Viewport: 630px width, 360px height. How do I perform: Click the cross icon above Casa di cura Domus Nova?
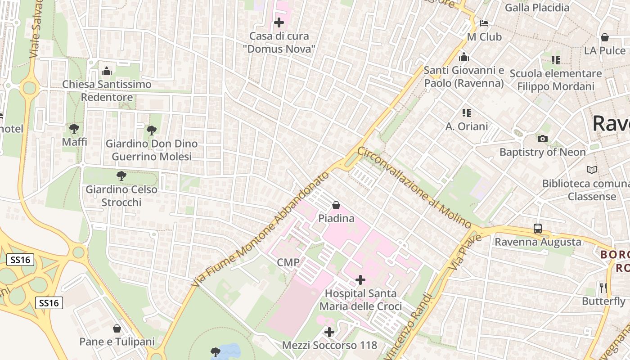[x=279, y=22]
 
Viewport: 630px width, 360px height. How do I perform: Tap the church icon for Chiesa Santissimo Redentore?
[x=107, y=71]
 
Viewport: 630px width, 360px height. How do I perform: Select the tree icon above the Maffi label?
[x=74, y=129]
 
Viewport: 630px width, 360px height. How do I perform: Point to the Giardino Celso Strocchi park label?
[x=121, y=196]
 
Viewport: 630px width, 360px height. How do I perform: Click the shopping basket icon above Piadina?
[x=336, y=206]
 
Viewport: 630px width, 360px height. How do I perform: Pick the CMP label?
[x=288, y=262]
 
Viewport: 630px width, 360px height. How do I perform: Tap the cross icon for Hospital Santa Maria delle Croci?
[x=360, y=280]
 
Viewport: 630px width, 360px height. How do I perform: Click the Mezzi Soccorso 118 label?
[x=329, y=346]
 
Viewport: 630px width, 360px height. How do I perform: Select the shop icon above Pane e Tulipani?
[x=117, y=329]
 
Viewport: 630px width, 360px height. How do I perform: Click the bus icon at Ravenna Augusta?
[x=538, y=229]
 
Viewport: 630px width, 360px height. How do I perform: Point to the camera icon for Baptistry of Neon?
[x=543, y=139]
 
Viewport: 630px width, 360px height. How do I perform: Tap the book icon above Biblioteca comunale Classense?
[x=592, y=170]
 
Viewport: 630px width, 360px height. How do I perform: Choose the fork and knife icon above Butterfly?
[x=603, y=288]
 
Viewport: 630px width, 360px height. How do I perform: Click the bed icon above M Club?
[x=484, y=23]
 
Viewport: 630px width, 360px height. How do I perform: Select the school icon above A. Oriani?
[x=467, y=113]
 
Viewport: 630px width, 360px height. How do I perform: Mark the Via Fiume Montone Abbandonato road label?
[x=261, y=229]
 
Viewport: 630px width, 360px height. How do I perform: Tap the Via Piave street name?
[x=465, y=252]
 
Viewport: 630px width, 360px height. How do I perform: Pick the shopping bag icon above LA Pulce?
[x=605, y=37]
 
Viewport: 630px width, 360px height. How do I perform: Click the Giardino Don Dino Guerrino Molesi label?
[x=151, y=150]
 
